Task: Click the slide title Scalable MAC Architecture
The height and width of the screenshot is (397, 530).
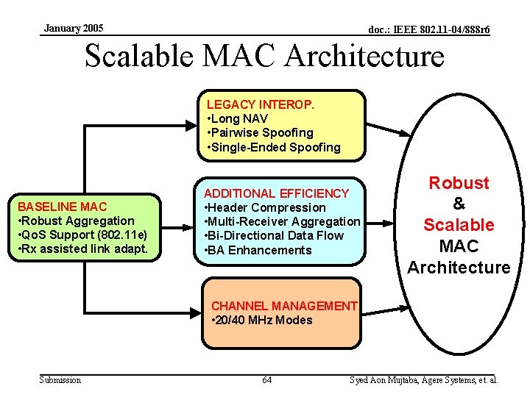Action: point(264,56)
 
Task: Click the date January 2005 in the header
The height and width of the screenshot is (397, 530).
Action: point(74,29)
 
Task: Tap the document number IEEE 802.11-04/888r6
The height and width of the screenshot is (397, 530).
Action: point(429,30)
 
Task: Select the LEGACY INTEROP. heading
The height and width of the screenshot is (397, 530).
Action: point(261,104)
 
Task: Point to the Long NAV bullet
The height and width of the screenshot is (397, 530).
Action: point(239,118)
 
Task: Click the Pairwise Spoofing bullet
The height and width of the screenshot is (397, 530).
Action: point(261,133)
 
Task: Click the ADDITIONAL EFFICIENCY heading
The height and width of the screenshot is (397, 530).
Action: point(276,193)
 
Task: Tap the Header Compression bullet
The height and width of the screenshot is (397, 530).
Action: point(265,207)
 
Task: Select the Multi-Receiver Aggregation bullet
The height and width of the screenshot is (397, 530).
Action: point(283,221)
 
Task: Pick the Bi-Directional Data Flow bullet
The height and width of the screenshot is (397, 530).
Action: point(274,235)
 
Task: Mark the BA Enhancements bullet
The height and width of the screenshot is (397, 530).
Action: point(258,250)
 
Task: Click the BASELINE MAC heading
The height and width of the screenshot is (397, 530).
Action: point(62,207)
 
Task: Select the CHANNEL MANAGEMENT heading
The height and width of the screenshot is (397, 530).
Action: point(284,306)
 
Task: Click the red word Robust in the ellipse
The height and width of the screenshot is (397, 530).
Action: point(459,183)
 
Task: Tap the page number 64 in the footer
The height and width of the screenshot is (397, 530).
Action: point(266,380)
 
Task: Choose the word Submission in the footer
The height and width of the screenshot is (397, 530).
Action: point(60,380)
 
